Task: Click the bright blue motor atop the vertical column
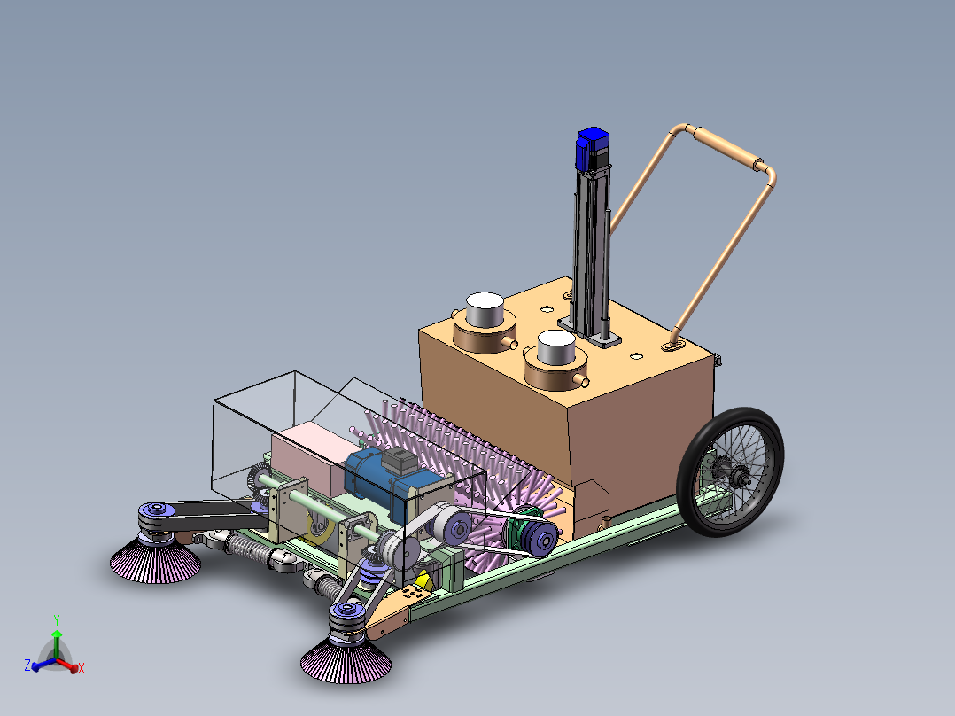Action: point(593,149)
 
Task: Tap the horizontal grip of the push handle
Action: point(727,147)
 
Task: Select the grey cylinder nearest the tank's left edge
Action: point(485,308)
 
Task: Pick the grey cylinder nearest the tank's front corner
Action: point(556,348)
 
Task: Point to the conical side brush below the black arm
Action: point(155,560)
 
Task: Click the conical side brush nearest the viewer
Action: point(346,660)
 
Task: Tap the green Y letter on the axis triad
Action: point(57,620)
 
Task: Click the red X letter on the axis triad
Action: point(81,668)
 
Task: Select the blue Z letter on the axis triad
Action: point(27,665)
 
